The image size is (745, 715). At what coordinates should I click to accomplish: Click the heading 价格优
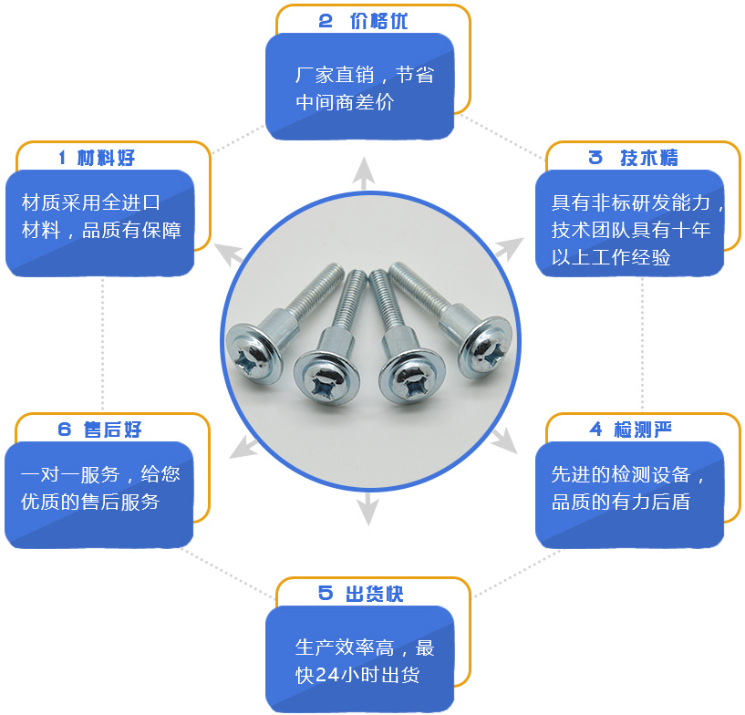(378, 21)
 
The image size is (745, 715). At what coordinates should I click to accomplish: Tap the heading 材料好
(106, 158)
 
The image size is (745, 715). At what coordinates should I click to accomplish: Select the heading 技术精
(648, 158)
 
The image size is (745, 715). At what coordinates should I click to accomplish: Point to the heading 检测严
(643, 430)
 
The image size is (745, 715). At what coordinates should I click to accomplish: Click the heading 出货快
(375, 594)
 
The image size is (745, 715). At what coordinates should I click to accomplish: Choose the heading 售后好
(112, 430)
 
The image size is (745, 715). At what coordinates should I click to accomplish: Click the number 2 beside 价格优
(325, 21)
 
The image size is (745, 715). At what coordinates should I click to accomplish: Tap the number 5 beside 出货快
(325, 594)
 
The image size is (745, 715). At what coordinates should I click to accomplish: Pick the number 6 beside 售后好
(64, 430)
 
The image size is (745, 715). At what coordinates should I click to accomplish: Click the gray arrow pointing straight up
(364, 173)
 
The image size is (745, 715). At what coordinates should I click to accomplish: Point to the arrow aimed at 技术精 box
(509, 249)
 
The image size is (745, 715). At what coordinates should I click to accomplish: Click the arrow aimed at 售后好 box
(243, 447)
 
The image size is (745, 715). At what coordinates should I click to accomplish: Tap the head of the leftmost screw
(254, 354)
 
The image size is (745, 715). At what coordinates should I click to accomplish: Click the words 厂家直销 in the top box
(335, 75)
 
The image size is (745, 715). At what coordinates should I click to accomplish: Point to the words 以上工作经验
(611, 257)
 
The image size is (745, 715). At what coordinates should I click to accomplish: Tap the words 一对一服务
(70, 474)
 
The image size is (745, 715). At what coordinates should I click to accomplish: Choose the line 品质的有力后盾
(621, 502)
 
